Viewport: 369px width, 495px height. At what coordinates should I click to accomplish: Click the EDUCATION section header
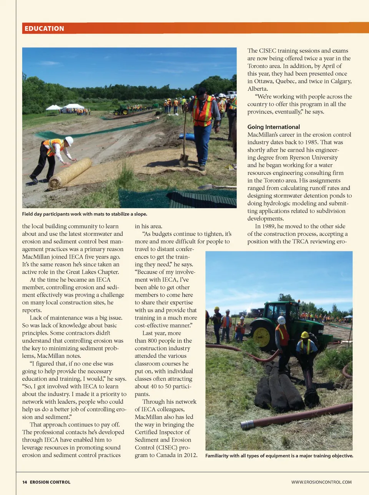pos(44,28)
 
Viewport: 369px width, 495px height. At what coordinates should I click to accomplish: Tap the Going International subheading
pos(273,127)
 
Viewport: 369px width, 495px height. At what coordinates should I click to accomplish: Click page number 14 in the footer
pos(25,482)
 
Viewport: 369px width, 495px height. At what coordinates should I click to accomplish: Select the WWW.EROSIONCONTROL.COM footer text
pos(321,482)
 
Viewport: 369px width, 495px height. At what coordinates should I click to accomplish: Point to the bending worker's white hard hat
pos(69,141)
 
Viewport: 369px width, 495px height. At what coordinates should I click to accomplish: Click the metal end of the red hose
pos(247,425)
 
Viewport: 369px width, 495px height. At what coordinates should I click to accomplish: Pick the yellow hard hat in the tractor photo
pos(305,335)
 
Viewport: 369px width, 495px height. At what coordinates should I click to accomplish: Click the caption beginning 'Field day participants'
pos(85,214)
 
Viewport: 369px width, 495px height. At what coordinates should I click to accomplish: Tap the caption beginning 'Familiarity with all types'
pos(279,456)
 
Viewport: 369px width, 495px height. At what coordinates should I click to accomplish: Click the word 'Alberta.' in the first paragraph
pos(258,89)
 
